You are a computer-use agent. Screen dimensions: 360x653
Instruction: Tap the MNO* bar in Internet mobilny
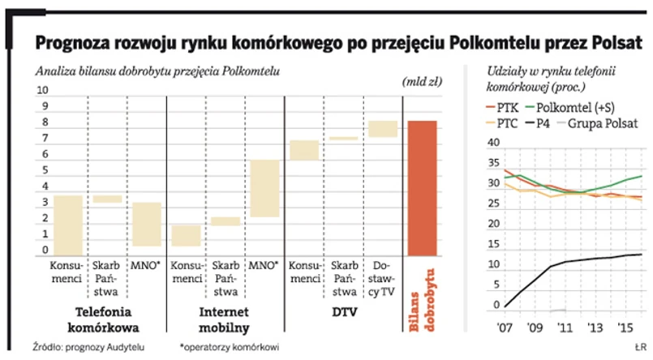click(264, 188)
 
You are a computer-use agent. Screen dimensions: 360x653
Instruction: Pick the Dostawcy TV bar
click(383, 129)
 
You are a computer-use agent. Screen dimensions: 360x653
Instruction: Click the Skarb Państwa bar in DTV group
click(343, 139)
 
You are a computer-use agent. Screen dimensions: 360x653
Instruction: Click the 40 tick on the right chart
click(492, 144)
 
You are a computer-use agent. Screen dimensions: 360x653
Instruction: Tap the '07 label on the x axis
click(506, 328)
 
